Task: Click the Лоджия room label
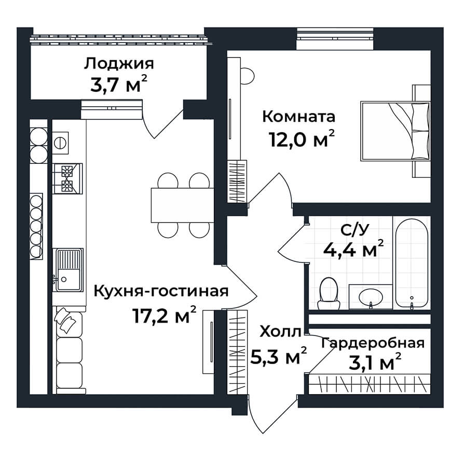point(119,64)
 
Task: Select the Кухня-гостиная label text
point(161,292)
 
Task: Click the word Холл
point(280,332)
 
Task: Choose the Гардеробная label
point(373,344)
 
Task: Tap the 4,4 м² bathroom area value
point(353,249)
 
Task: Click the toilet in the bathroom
point(329,294)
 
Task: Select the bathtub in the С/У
point(412,263)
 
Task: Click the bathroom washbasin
point(371,296)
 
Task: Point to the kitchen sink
point(68,270)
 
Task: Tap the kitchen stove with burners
point(67,179)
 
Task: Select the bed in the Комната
point(395,131)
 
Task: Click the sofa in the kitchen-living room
point(70,350)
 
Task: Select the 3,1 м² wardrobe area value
point(375,362)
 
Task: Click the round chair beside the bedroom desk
point(248,76)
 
